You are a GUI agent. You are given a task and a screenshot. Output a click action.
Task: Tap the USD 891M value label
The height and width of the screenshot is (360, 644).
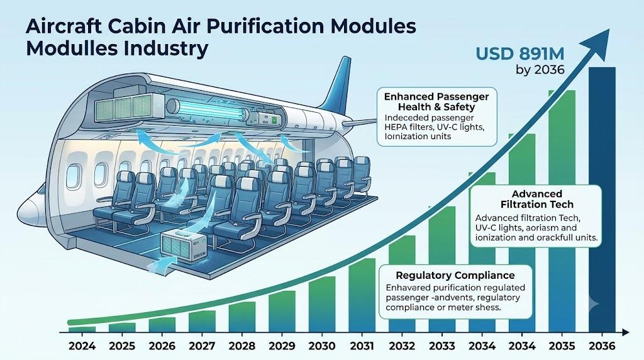(x=519, y=54)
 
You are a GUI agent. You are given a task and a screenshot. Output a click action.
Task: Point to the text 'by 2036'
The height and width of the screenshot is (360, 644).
(x=540, y=70)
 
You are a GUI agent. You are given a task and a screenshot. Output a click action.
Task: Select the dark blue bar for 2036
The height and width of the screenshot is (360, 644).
(x=602, y=200)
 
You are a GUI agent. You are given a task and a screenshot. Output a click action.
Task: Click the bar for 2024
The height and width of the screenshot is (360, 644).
(x=82, y=329)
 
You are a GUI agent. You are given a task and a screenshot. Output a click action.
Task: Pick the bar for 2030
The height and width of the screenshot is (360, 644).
(x=322, y=304)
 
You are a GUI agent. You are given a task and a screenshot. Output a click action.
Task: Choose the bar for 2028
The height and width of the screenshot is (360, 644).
(x=242, y=317)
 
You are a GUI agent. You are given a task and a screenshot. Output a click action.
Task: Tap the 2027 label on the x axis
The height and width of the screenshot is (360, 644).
(x=203, y=346)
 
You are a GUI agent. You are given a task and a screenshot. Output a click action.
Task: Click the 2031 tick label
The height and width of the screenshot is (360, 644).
(x=362, y=346)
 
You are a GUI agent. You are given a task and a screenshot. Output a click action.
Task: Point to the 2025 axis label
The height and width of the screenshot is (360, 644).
(x=122, y=346)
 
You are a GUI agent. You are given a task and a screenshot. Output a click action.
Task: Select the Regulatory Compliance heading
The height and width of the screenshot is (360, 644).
(x=455, y=275)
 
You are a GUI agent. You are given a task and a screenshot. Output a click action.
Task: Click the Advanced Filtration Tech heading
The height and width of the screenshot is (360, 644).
(x=537, y=199)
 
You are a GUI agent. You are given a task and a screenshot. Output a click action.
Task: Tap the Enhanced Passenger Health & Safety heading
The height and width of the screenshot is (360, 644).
(x=436, y=101)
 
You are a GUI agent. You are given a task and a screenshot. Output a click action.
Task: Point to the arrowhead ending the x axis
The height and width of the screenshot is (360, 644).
(x=625, y=332)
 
